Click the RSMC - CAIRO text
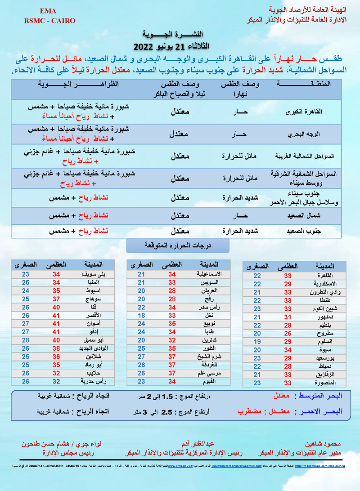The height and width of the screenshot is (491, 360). coord(49,21)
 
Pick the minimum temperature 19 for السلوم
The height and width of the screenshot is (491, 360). coord(257,342)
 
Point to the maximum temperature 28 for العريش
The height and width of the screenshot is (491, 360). coord(172,291)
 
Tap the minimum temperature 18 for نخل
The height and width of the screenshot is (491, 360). coord(141,316)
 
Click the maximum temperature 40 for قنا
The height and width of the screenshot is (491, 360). coord(56,308)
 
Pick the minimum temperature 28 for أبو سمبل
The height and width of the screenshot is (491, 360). coord(26,340)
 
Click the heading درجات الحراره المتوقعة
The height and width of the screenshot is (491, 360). coord(178,245)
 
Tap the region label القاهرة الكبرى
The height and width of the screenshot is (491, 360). coord(305,112)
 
